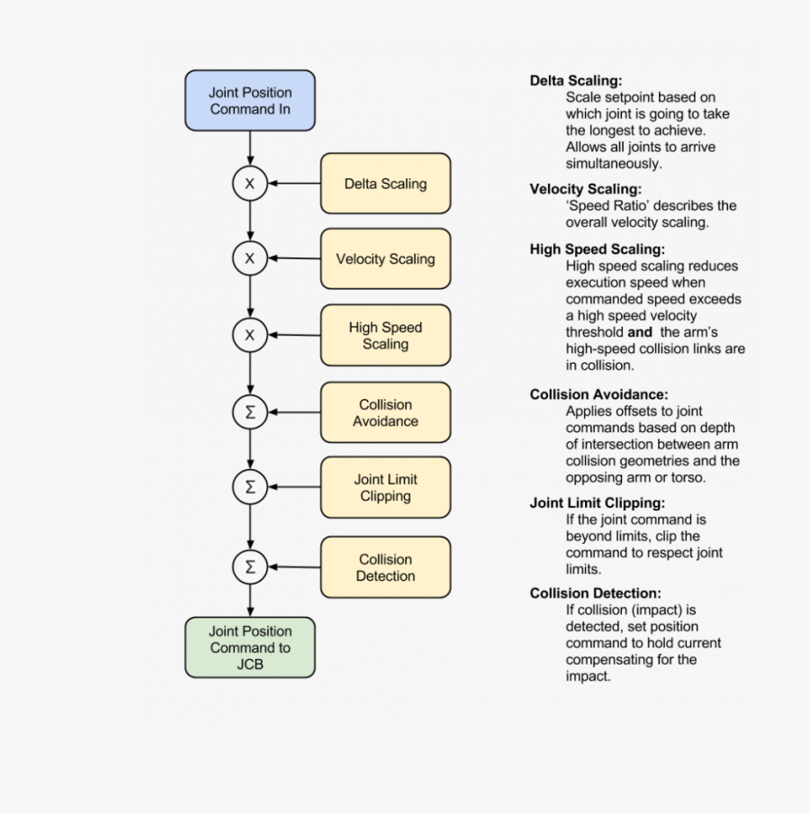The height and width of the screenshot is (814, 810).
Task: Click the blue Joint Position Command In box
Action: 250,101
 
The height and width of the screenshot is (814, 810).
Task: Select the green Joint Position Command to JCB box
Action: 250,647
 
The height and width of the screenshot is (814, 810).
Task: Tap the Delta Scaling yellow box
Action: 385,184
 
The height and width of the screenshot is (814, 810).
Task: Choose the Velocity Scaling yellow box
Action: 385,259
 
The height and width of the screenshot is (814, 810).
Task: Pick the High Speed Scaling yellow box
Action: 385,336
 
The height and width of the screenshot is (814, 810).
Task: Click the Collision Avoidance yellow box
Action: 385,412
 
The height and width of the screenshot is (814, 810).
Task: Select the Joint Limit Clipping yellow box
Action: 385,488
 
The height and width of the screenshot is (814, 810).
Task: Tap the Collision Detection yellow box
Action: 385,567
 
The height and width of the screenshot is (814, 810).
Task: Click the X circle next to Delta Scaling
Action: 250,185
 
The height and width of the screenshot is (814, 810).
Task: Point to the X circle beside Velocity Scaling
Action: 250,259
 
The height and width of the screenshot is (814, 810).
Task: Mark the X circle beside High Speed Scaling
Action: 250,336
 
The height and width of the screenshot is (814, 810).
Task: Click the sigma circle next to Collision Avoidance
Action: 250,412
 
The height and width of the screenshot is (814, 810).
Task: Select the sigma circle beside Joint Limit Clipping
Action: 250,488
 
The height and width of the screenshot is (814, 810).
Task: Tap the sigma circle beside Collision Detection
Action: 250,567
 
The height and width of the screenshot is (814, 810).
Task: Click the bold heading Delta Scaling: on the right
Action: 576,81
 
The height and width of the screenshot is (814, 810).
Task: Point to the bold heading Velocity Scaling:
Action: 586,189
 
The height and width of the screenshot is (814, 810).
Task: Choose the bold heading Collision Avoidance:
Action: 598,394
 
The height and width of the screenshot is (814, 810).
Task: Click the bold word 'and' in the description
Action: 640,332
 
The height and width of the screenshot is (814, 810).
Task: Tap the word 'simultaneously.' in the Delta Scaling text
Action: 614,164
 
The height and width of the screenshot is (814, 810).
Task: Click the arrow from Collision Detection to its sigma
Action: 295,567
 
